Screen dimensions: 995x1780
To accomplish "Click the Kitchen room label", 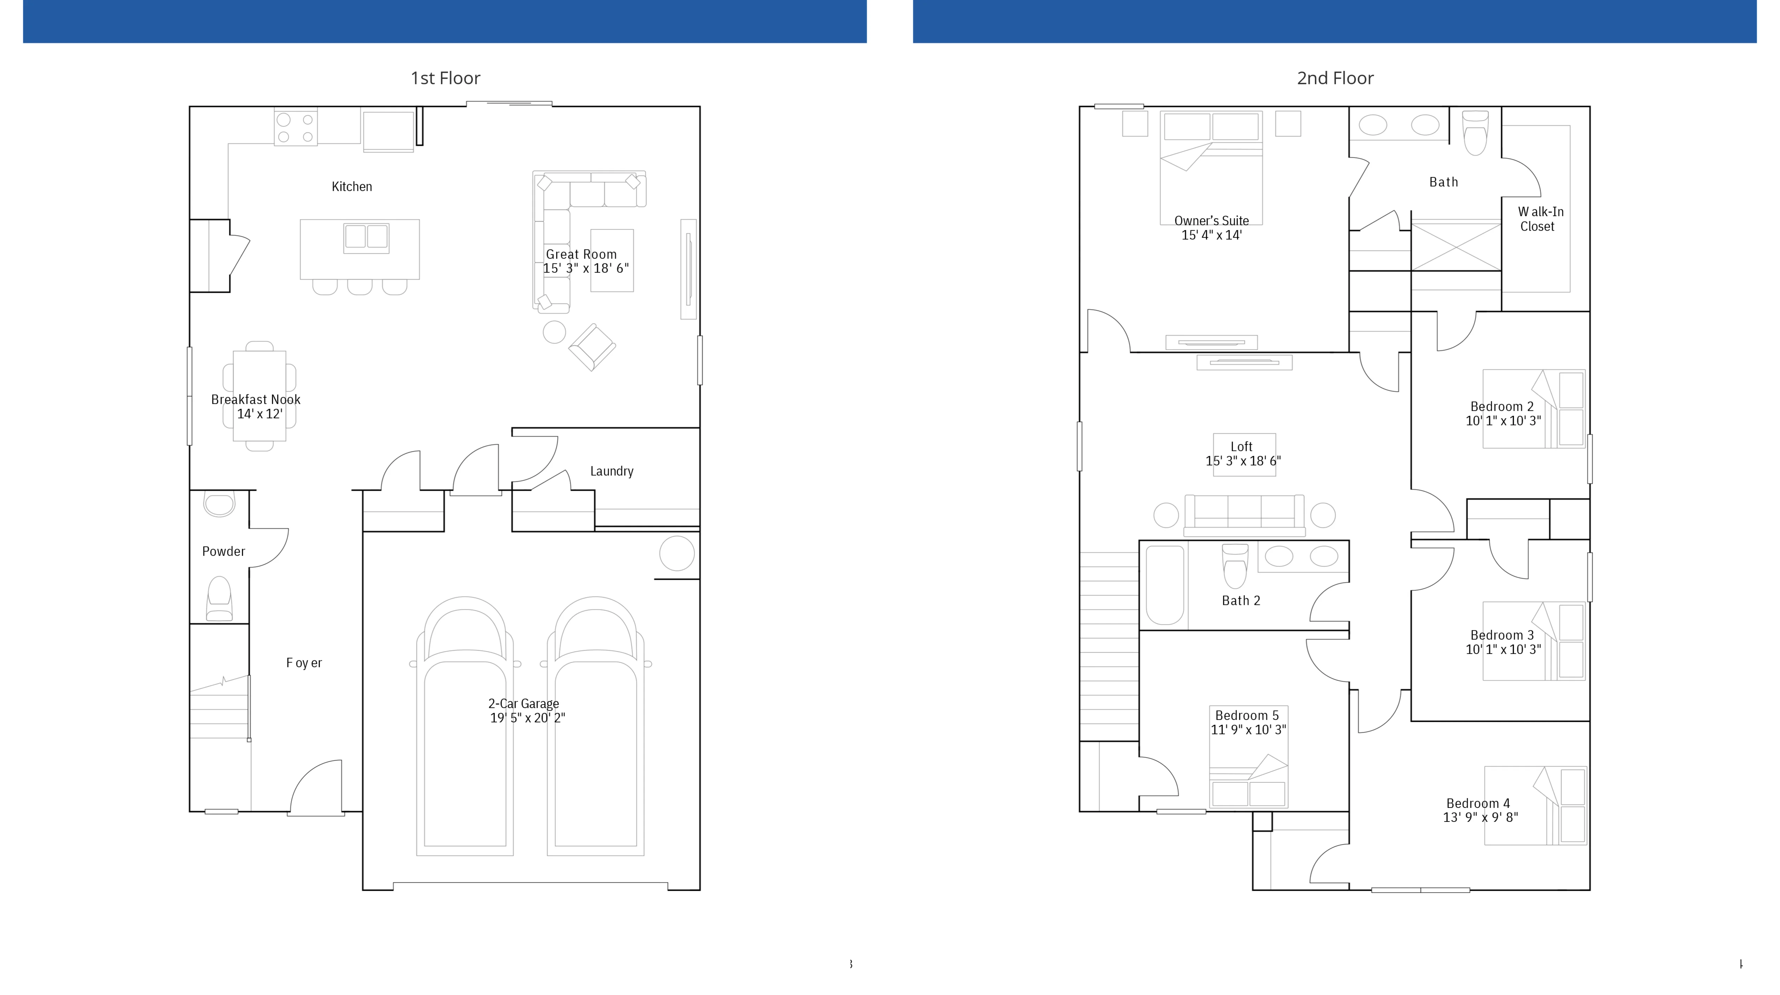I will (x=352, y=187).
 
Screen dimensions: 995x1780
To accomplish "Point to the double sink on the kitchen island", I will (x=366, y=237).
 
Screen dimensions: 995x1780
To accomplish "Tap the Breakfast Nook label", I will (x=256, y=399).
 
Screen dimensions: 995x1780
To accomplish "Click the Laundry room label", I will (x=611, y=471).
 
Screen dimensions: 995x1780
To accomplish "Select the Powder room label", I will (x=223, y=551).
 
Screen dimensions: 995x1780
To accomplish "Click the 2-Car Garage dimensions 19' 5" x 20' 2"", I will (x=527, y=718).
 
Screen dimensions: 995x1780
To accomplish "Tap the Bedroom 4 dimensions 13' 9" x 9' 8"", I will (x=1480, y=817).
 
